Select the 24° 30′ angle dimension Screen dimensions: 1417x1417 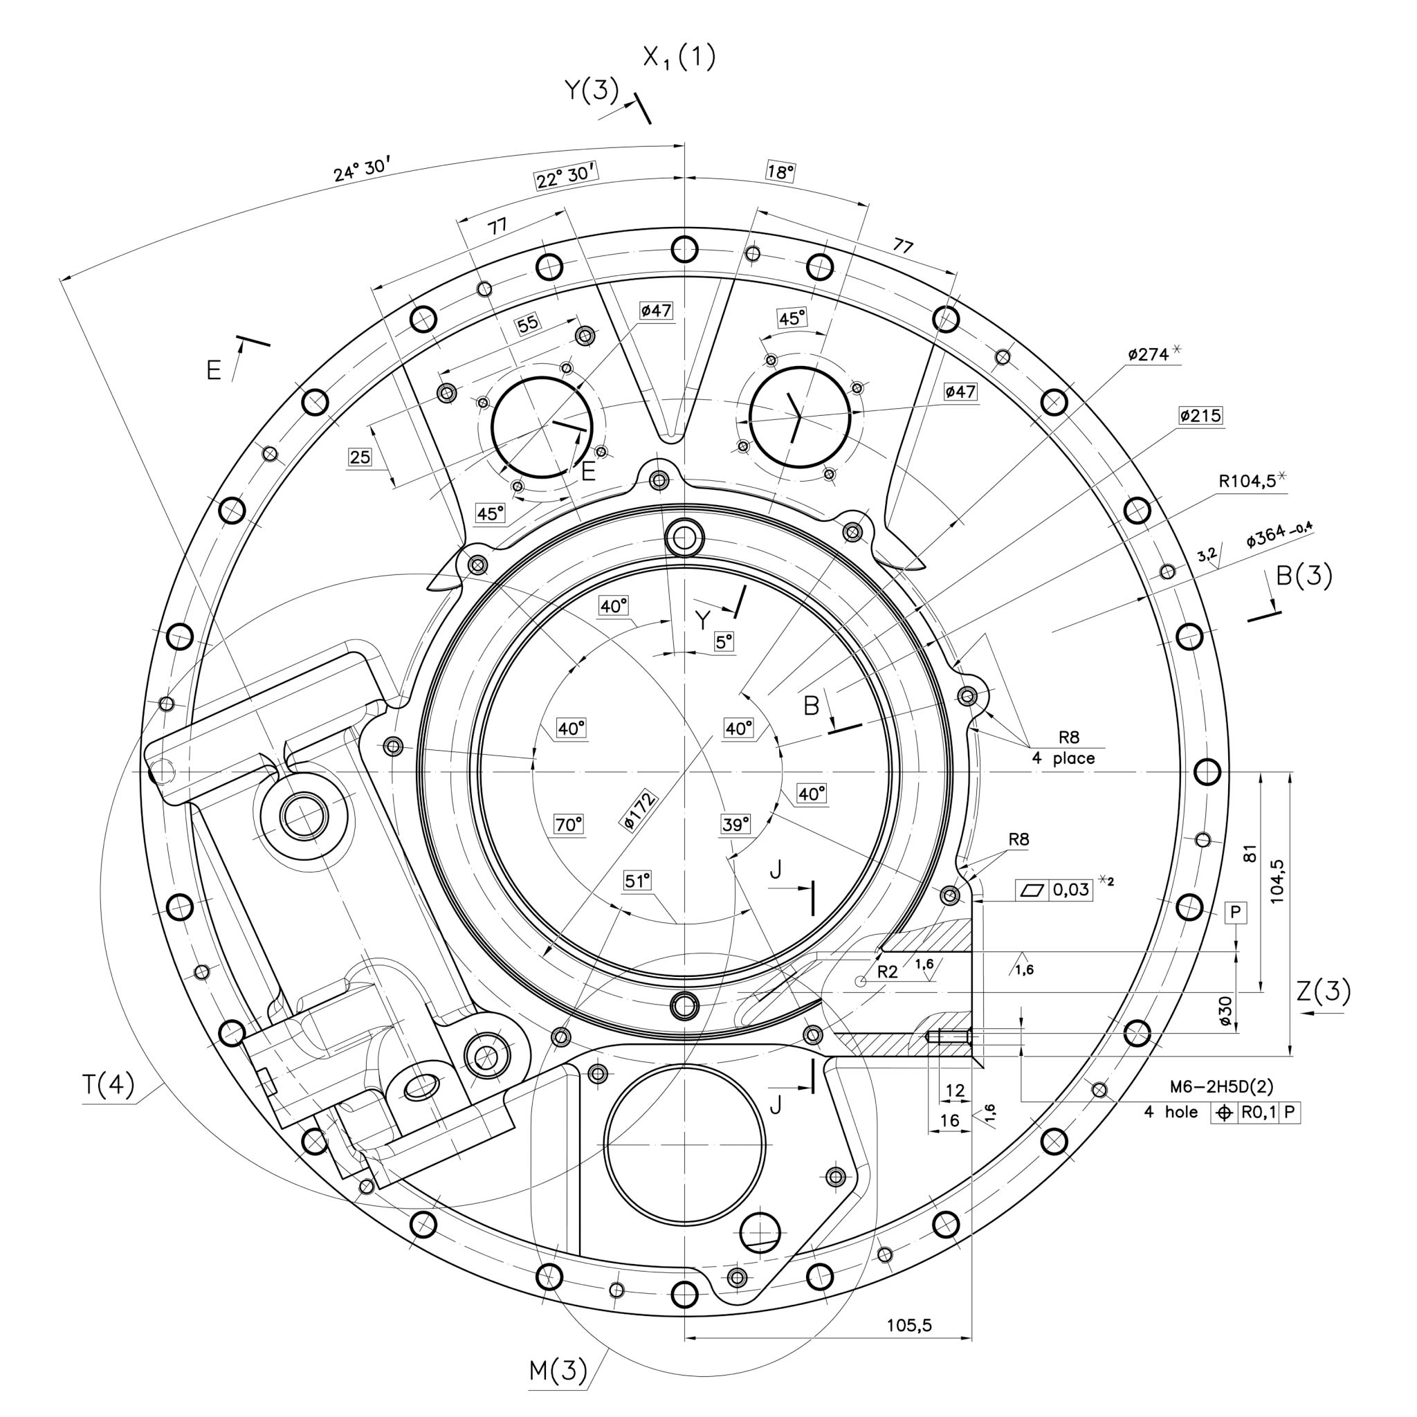coord(359,170)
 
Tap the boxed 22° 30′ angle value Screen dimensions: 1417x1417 coord(564,175)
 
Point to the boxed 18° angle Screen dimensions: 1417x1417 coord(780,172)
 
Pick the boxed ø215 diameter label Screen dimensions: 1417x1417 coord(1200,416)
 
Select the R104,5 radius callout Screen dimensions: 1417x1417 coord(1250,480)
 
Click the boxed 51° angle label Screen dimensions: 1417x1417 coord(637,881)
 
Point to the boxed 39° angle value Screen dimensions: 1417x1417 coord(735,824)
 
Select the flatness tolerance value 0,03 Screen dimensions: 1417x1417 coord(1070,890)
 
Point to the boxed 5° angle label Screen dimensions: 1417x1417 coord(724,643)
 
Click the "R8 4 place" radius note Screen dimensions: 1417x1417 coord(1063,747)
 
